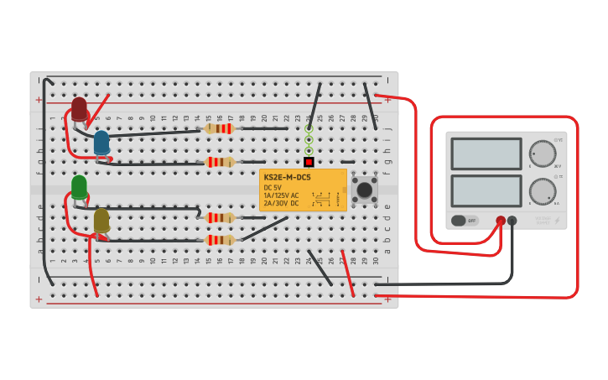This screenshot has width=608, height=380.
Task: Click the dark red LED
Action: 79,109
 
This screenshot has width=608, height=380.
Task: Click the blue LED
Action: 101,143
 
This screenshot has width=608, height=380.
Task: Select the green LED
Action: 79,186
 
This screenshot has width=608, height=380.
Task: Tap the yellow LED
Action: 101,221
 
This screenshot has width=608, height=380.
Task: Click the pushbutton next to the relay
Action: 365,190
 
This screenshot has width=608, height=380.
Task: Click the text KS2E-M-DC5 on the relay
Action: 287,178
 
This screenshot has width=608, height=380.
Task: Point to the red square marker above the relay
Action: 309,162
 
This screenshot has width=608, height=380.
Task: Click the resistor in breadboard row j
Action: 220,128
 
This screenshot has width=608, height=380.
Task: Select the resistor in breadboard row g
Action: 220,162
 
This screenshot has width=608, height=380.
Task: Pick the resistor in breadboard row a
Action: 220,240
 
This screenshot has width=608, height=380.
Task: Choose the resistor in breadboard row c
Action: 220,217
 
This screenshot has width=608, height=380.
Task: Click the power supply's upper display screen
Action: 486,154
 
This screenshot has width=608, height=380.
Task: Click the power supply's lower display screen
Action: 486,190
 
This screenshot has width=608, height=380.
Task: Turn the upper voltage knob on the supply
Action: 543,154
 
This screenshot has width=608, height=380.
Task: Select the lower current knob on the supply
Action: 543,190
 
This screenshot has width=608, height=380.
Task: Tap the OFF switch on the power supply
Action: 463,221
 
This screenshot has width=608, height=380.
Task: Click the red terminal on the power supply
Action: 501,221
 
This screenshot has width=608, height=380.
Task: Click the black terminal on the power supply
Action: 512,221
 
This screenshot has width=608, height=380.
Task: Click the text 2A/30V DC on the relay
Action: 282,203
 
